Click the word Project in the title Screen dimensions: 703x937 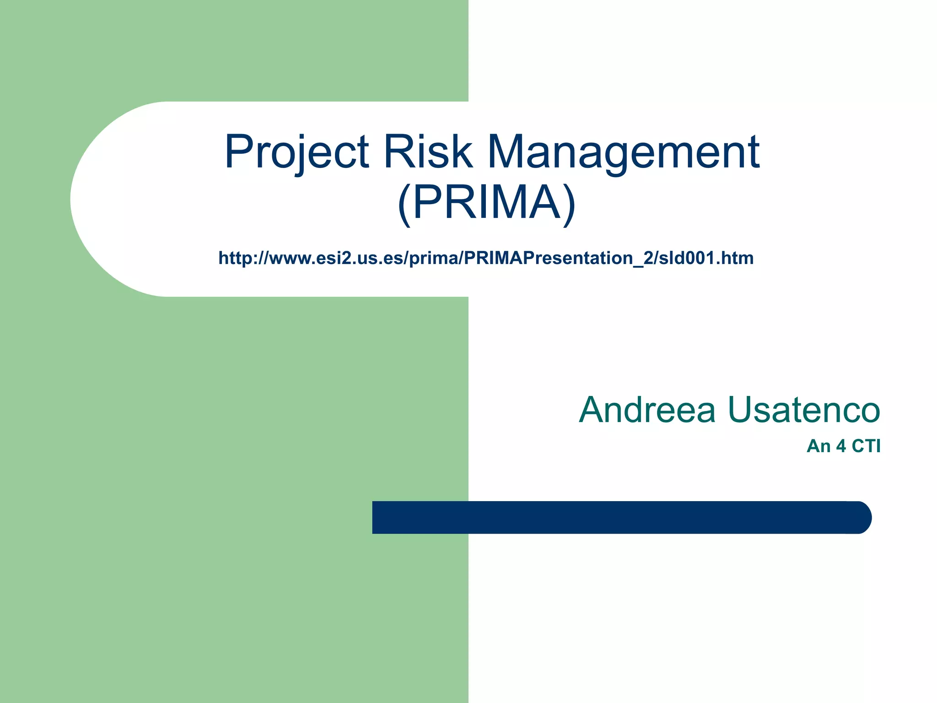click(x=296, y=152)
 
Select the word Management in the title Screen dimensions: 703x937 click(x=623, y=152)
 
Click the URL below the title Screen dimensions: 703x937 click(x=486, y=258)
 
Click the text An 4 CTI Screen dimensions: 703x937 click(x=843, y=446)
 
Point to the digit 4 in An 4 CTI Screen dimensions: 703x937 click(x=841, y=446)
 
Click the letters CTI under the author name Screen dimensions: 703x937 click(x=866, y=446)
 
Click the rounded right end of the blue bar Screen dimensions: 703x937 click(x=860, y=517)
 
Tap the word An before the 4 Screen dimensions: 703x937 click(x=818, y=446)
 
